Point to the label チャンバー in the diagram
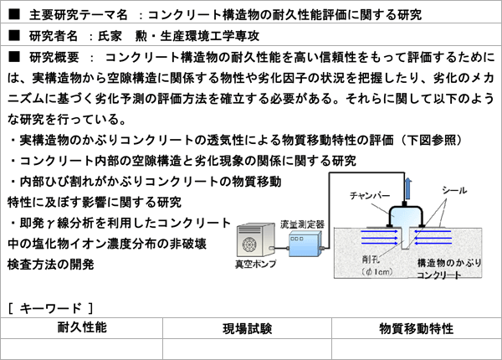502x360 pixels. pyautogui.click(x=371, y=195)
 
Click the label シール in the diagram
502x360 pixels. pyautogui.click(x=455, y=191)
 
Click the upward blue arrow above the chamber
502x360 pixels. pyautogui.click(x=407, y=184)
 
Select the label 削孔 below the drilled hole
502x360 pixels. pyautogui.click(x=369, y=260)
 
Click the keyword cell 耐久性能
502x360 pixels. pyautogui.click(x=82, y=327)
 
